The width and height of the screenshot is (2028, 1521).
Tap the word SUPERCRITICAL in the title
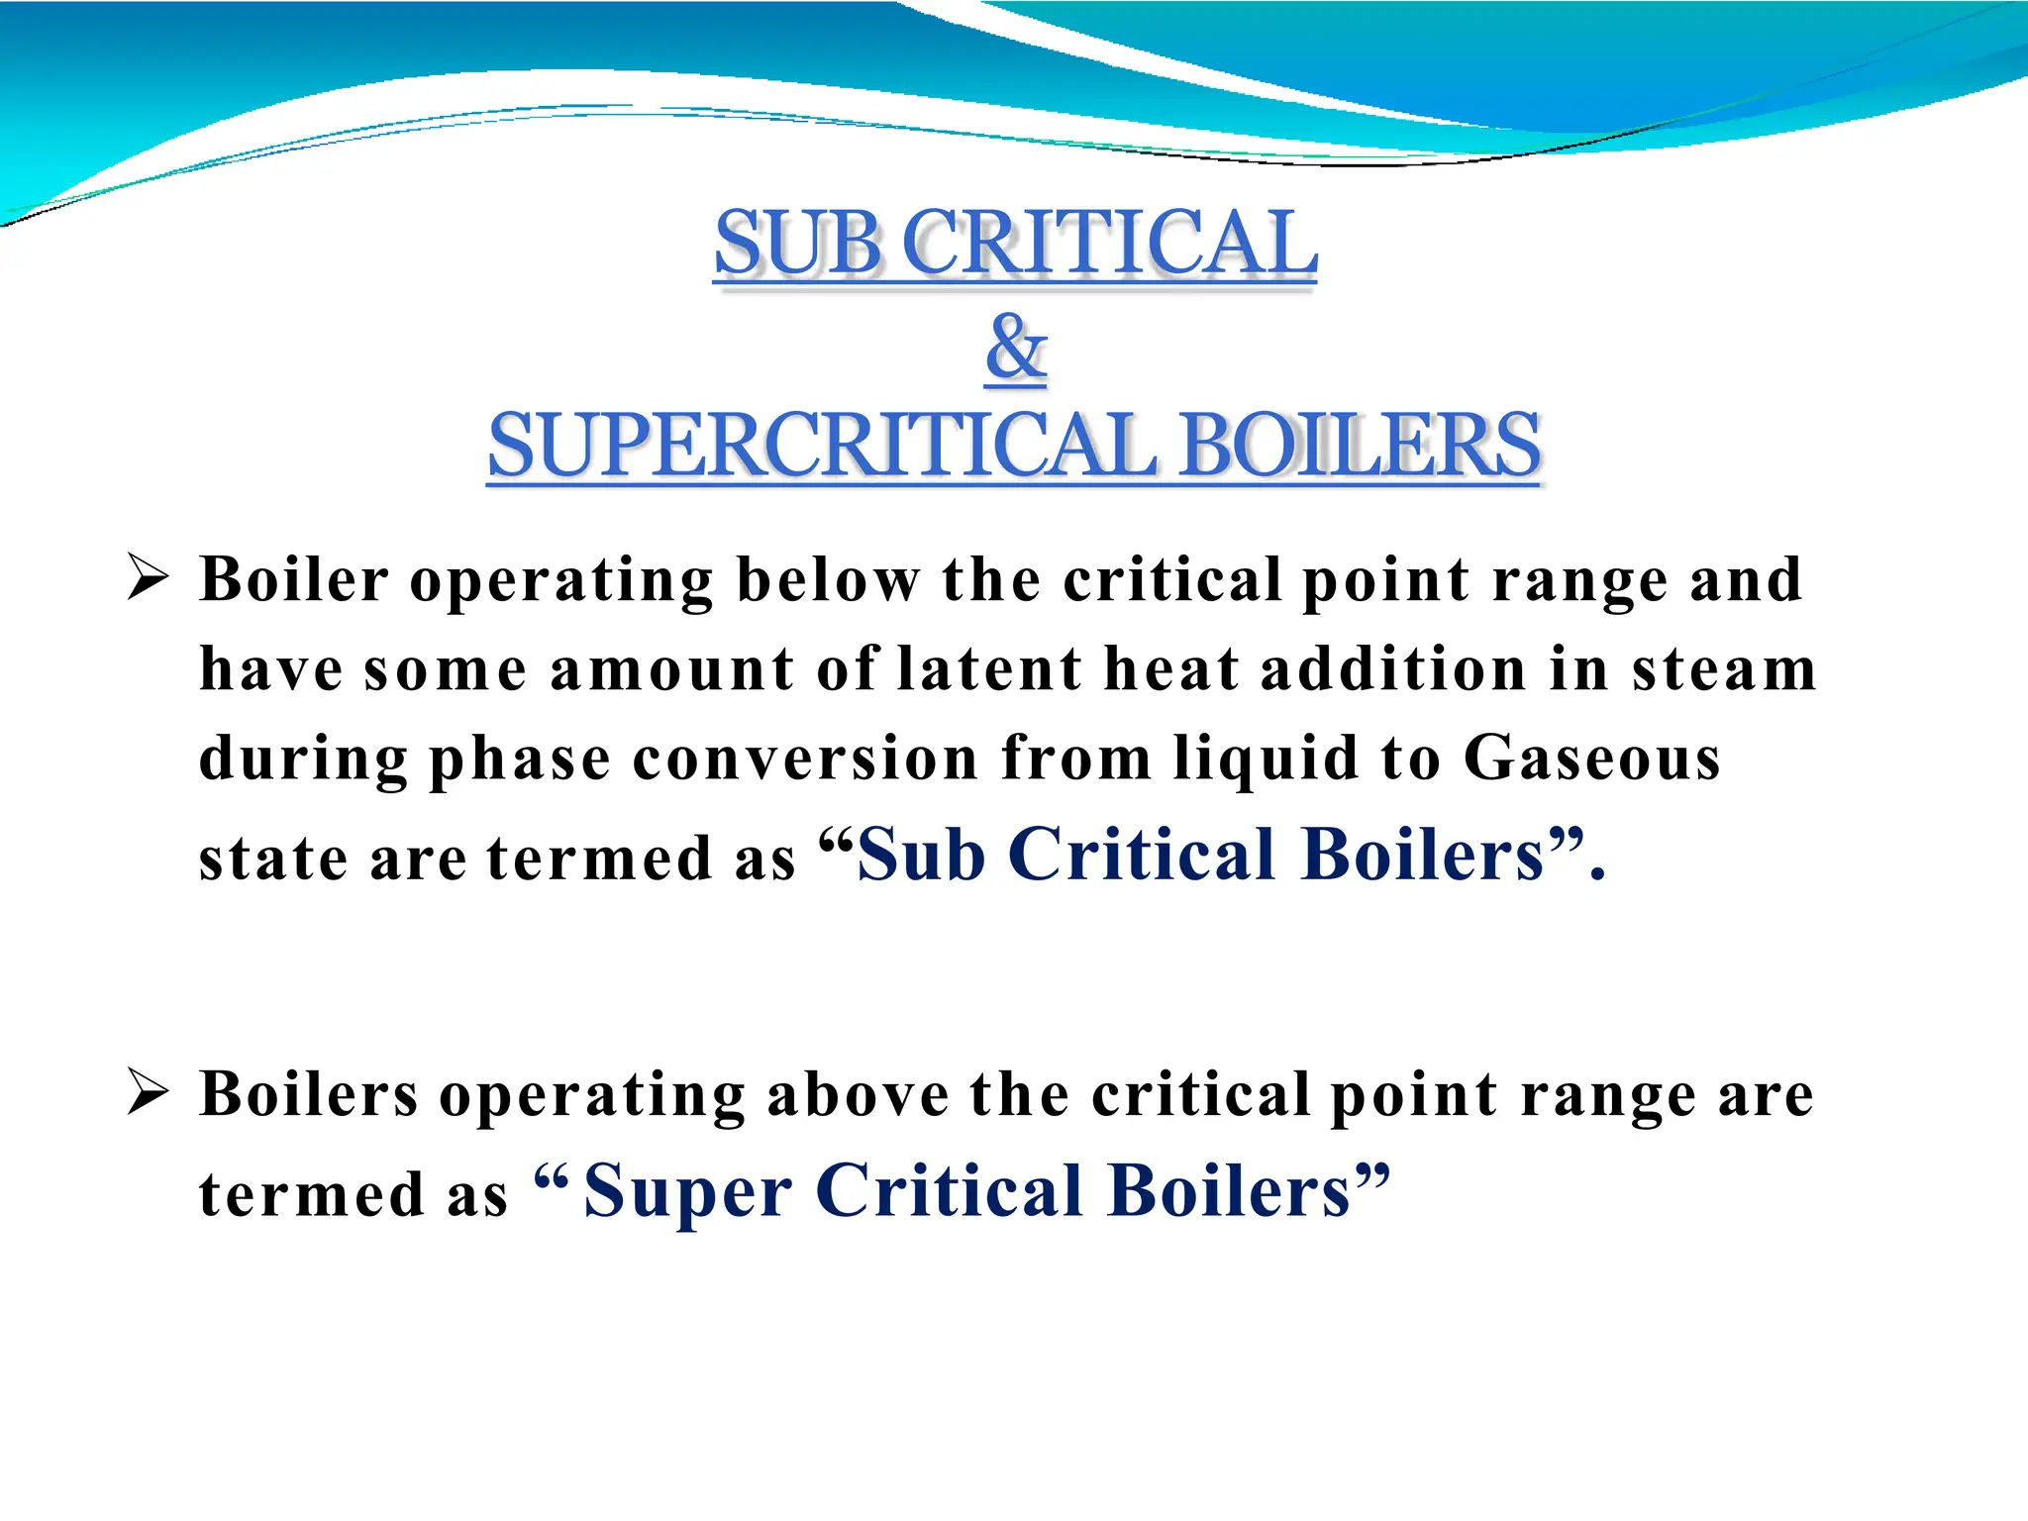[822, 446]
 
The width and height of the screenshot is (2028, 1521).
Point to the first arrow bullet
[149, 576]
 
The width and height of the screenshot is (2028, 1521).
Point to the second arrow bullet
[149, 1093]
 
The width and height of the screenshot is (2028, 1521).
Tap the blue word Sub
[921, 854]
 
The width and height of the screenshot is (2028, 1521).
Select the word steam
[1724, 669]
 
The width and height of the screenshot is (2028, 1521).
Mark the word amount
[672, 669]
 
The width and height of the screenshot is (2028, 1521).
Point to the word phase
[519, 760]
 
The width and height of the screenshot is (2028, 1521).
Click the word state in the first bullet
[273, 858]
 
